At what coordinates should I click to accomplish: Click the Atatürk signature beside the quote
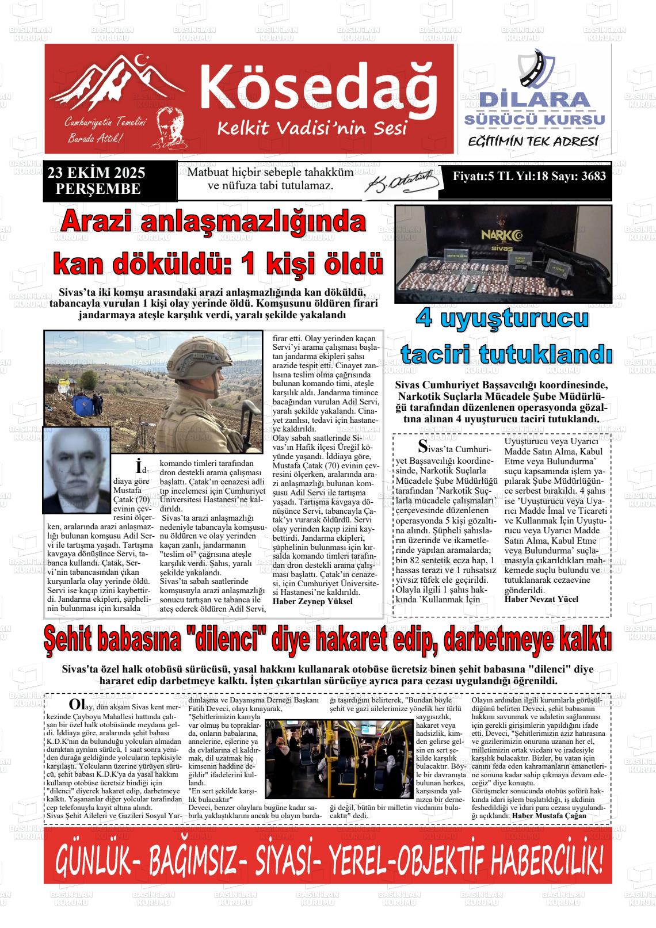403,182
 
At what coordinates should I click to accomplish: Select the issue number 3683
593,176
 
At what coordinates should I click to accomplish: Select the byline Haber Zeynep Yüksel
312,601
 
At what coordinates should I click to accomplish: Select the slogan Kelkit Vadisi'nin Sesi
311,128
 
